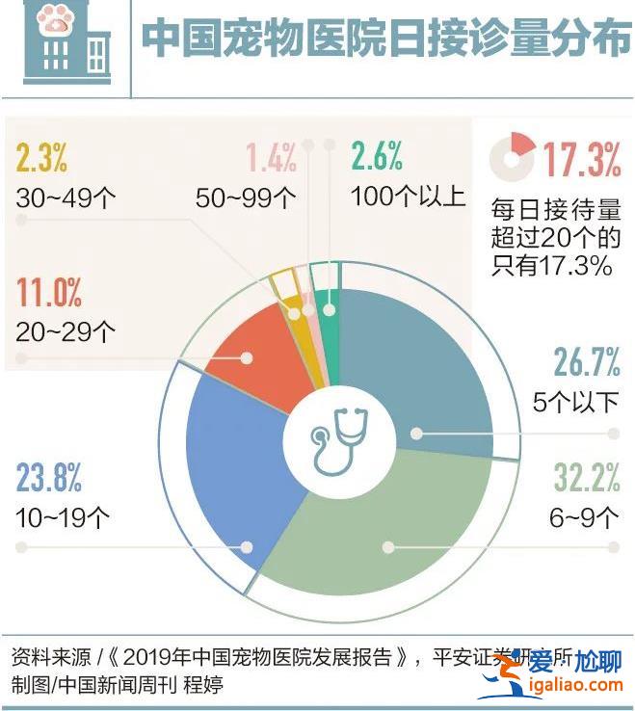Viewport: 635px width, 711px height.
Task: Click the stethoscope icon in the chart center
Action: (x=339, y=441)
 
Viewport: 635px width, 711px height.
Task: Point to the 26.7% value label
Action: (x=586, y=362)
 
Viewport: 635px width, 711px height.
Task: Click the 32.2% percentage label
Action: (x=586, y=478)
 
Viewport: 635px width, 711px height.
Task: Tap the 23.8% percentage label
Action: (x=49, y=478)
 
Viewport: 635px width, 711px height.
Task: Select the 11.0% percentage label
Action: (x=49, y=290)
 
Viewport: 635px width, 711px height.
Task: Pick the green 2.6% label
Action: (x=377, y=157)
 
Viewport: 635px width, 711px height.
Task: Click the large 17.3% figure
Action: (x=581, y=159)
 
